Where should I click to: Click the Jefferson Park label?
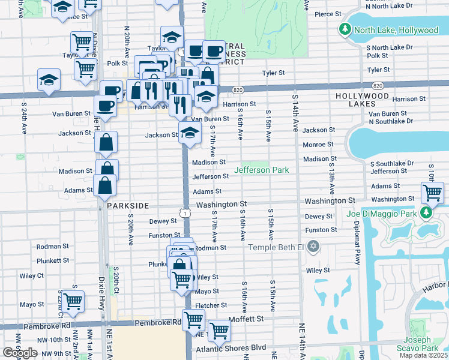click(261, 170)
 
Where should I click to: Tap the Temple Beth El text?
click(276, 247)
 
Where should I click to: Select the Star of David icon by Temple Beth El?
click(312, 247)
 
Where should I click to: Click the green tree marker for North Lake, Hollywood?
click(345, 29)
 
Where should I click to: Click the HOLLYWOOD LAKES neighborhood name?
click(362, 100)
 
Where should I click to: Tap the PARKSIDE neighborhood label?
click(128, 206)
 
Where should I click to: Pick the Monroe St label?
click(318, 145)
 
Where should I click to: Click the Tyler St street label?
click(273, 73)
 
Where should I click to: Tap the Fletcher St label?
click(211, 305)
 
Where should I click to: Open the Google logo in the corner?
click(20, 353)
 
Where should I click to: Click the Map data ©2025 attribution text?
click(423, 355)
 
